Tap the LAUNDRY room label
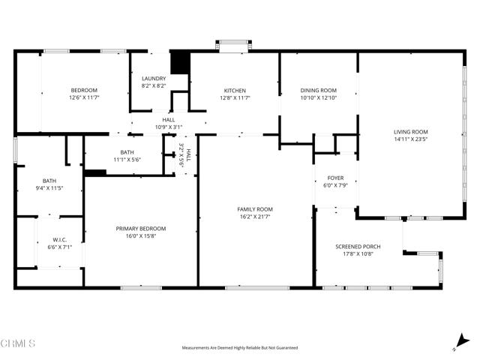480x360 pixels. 154,79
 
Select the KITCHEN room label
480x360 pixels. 234,91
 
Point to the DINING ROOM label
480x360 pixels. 318,91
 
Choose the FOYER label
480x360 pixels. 334,178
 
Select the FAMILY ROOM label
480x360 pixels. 254,209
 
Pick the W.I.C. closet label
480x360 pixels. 59,241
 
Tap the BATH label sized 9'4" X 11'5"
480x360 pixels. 49,181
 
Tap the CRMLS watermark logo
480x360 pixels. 18,343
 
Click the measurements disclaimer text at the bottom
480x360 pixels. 239,348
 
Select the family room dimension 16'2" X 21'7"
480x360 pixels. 254,217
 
